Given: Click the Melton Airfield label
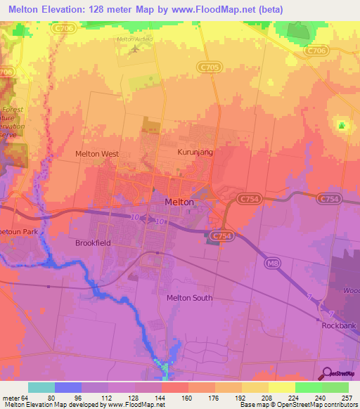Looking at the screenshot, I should pyautogui.click(x=134, y=39).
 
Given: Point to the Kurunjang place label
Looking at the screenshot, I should pyautogui.click(x=193, y=151).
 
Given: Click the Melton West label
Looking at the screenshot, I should pyautogui.click(x=97, y=153).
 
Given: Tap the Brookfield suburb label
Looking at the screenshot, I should pyautogui.click(x=93, y=242).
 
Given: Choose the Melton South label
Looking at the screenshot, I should pyautogui.click(x=189, y=298).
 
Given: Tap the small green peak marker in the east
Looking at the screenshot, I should pyautogui.click(x=342, y=126).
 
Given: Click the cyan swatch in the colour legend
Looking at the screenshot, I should pyautogui.click(x=41, y=387).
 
